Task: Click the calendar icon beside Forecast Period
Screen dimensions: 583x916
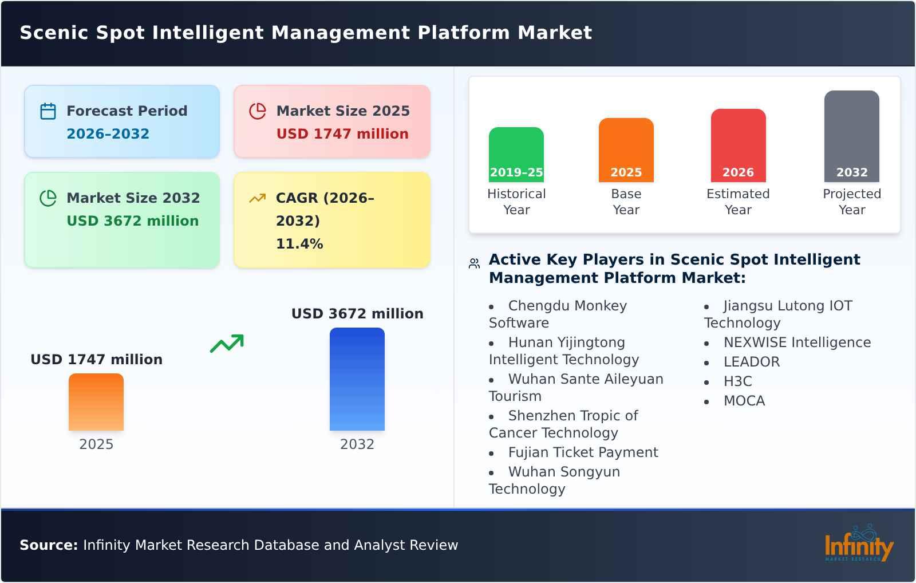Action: click(48, 111)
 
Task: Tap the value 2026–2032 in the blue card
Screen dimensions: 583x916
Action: click(108, 134)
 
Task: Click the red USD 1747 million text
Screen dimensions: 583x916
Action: click(342, 134)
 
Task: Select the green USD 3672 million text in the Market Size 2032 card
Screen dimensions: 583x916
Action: click(132, 221)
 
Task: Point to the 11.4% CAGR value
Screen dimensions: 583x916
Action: click(299, 244)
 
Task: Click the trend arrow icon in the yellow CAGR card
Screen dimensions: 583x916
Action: click(257, 198)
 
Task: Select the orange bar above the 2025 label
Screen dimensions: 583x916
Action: click(96, 402)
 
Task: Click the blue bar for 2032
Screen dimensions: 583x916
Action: click(357, 379)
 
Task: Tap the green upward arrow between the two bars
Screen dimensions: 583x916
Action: click(227, 344)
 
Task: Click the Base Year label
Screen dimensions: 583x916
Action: click(626, 202)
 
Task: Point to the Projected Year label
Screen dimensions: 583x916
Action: click(851, 202)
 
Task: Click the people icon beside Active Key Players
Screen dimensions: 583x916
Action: click(474, 263)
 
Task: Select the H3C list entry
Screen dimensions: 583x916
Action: click(737, 381)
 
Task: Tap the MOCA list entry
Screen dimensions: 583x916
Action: click(744, 401)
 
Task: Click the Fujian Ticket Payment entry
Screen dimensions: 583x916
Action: click(583, 452)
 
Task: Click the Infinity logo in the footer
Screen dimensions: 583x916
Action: click(858, 544)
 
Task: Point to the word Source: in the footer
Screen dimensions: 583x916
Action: click(49, 545)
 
